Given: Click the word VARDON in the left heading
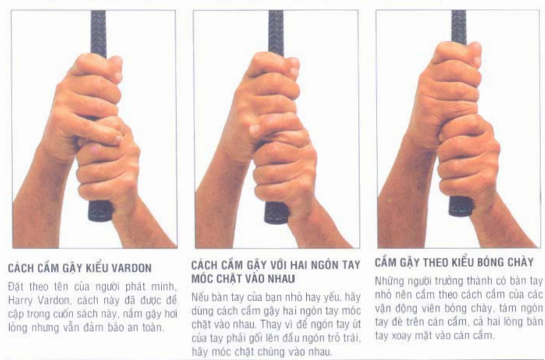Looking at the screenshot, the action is tap(133, 268).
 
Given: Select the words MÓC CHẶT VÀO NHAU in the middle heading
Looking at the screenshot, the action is tap(243, 279).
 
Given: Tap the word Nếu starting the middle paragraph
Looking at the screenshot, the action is tap(199, 297).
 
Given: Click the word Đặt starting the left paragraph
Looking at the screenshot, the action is tap(16, 287).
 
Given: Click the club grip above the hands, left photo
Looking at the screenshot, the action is tap(98, 33).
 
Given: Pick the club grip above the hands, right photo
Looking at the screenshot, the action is tap(459, 27).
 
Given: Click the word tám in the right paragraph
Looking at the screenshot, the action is tap(508, 309).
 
